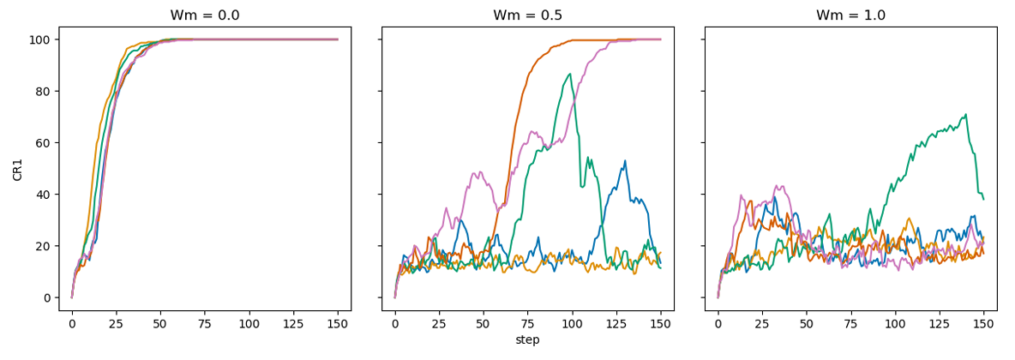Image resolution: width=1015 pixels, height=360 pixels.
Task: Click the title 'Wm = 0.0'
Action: (205, 15)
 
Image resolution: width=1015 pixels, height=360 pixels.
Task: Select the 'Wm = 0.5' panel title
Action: (527, 15)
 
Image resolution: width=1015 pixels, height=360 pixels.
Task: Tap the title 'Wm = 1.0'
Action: (850, 15)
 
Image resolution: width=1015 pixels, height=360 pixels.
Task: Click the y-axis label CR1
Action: (18, 168)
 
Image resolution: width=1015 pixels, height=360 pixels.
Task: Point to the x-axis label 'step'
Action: (527, 340)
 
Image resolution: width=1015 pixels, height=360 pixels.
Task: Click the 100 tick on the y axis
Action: (41, 39)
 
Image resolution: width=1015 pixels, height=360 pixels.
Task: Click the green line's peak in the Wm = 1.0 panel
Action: (966, 114)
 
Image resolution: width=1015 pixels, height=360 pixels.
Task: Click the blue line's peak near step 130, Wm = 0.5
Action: (625, 160)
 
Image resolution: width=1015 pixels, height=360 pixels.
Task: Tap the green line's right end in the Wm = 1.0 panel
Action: (983, 200)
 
